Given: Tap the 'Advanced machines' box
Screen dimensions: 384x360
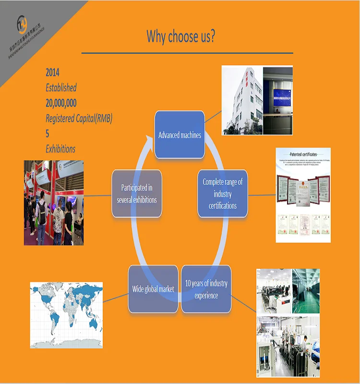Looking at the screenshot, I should pyautogui.click(x=180, y=135).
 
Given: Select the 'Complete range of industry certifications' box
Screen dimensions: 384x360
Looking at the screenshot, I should pyautogui.click(x=222, y=193).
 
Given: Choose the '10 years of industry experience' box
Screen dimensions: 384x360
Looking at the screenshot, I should pyautogui.click(x=206, y=289).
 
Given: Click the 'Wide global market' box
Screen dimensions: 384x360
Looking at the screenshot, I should pyautogui.click(x=153, y=289).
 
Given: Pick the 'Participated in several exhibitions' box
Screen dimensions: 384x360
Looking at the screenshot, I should pyautogui.click(x=136, y=193).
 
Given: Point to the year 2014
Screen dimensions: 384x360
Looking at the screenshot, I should pyautogui.click(x=52, y=73).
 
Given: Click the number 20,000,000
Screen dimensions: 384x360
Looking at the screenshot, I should pyautogui.click(x=61, y=103).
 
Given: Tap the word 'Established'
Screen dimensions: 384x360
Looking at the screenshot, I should pyautogui.click(x=61, y=88).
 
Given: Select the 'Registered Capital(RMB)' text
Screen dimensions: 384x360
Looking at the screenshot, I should pyautogui.click(x=79, y=118).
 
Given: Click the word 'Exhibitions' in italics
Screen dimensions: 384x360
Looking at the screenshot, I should pyautogui.click(x=60, y=149).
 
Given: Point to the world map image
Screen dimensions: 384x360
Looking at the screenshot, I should pyautogui.click(x=67, y=308).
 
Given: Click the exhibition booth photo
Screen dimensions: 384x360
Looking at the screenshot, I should pyautogui.click(x=54, y=203).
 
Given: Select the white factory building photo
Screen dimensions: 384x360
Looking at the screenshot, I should pyautogui.click(x=242, y=100).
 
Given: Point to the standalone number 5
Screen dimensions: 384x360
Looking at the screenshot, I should pyautogui.click(x=48, y=133).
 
